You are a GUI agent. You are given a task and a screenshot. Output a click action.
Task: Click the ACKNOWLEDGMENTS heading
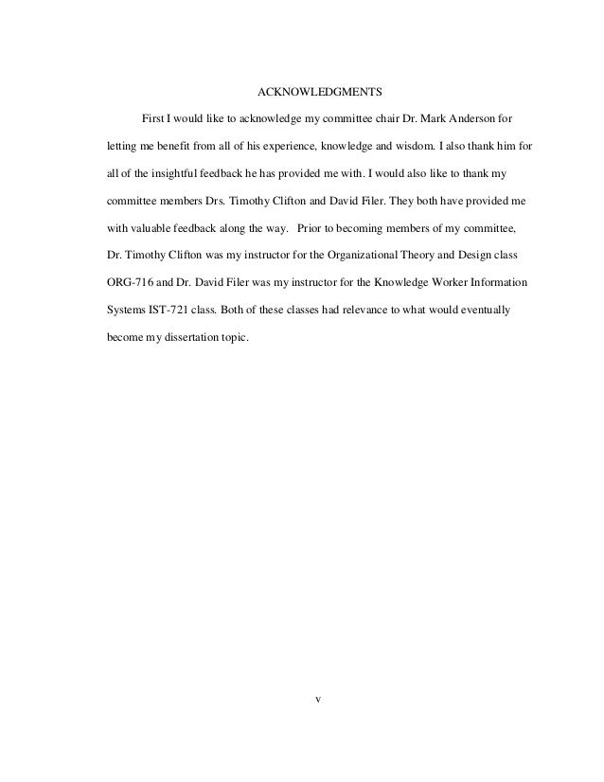320,94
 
